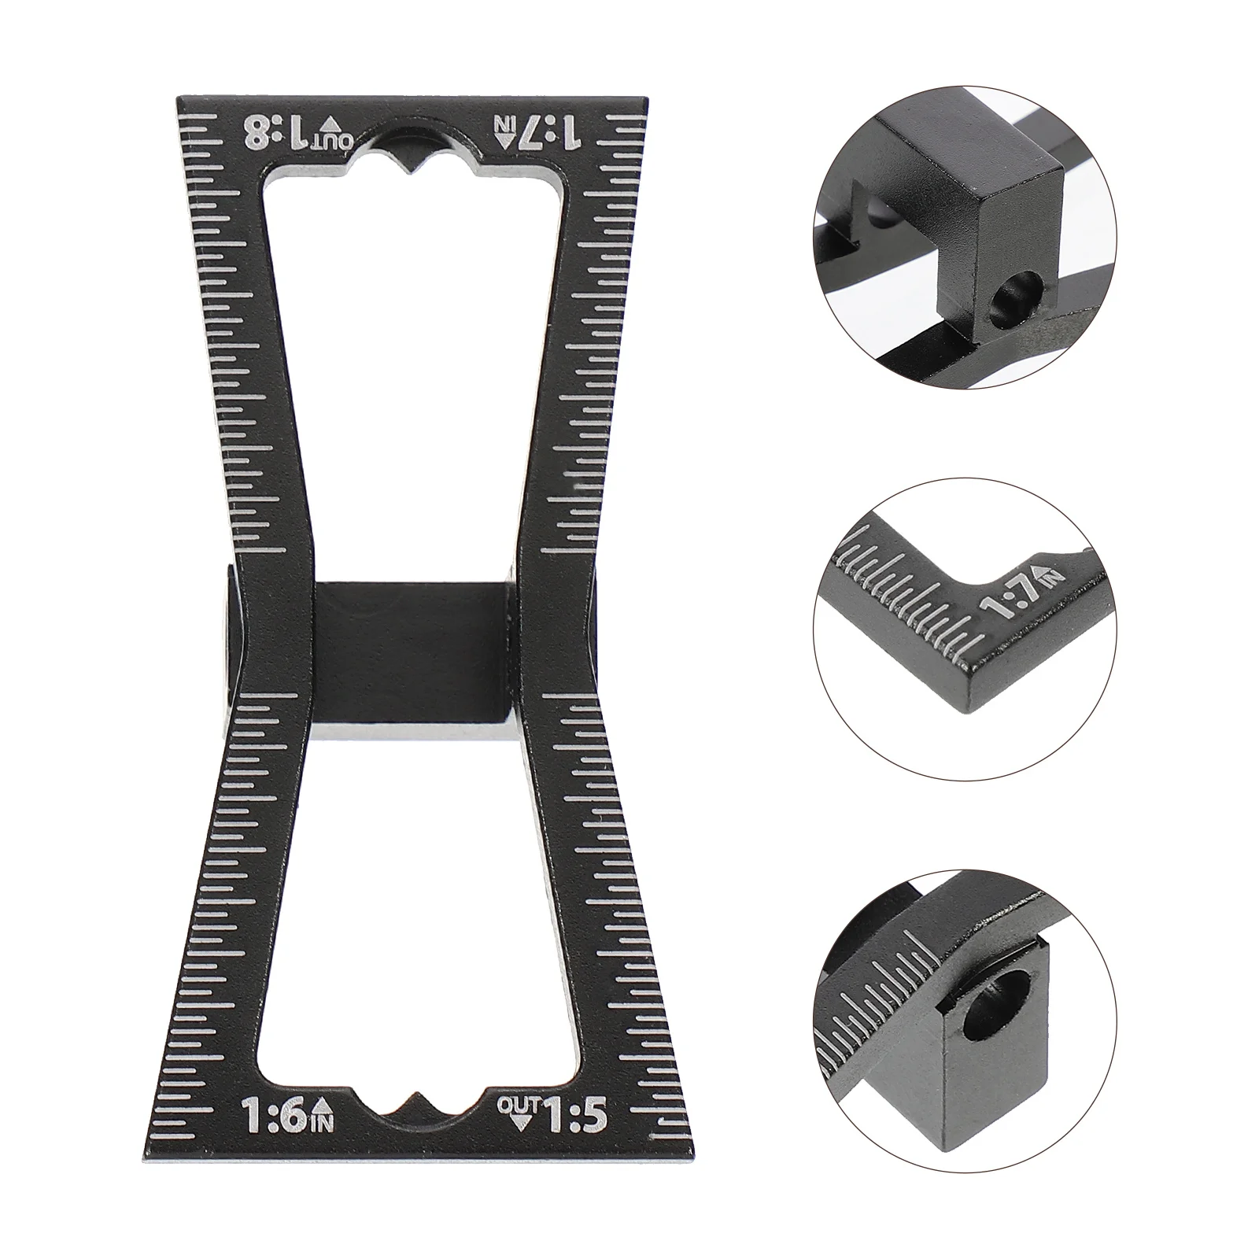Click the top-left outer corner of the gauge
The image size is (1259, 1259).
pos(178,99)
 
